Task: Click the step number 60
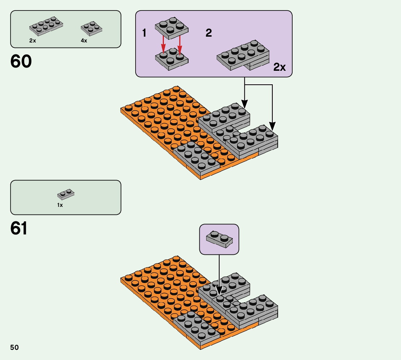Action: coord(21,61)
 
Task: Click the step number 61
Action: coord(19,228)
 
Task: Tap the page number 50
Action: coord(15,348)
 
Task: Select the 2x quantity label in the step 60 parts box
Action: coord(33,41)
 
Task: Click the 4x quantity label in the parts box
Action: coord(84,41)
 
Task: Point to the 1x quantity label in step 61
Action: coord(60,205)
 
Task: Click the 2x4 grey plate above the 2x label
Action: coord(46,25)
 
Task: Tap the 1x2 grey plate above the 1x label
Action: coord(66,195)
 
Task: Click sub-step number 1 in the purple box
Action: coord(144,33)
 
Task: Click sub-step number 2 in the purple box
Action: coord(208,33)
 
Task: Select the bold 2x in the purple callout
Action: coord(280,67)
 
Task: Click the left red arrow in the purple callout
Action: coord(164,46)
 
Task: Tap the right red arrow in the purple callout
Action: coord(179,46)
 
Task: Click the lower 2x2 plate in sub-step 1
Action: coord(171,60)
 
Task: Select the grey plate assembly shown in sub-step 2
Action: coord(243,55)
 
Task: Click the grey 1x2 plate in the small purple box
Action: coord(219,239)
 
